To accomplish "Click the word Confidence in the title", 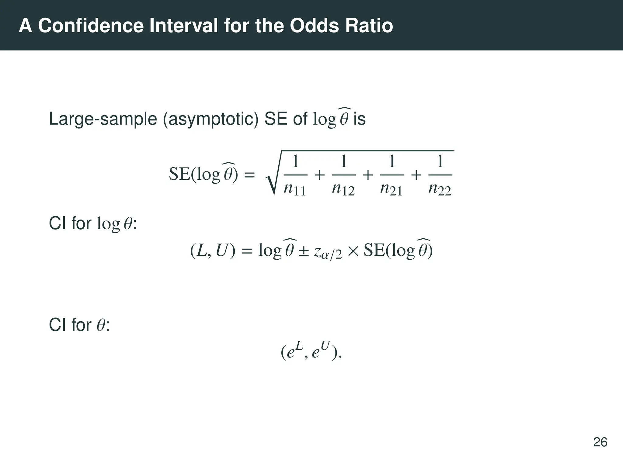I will tap(90, 26).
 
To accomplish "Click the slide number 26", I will tap(600, 442).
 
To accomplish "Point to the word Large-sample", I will tap(103, 119).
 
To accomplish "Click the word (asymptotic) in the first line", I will tap(211, 119).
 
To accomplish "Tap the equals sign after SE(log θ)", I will tap(249, 175).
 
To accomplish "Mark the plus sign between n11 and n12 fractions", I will tap(319, 175).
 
